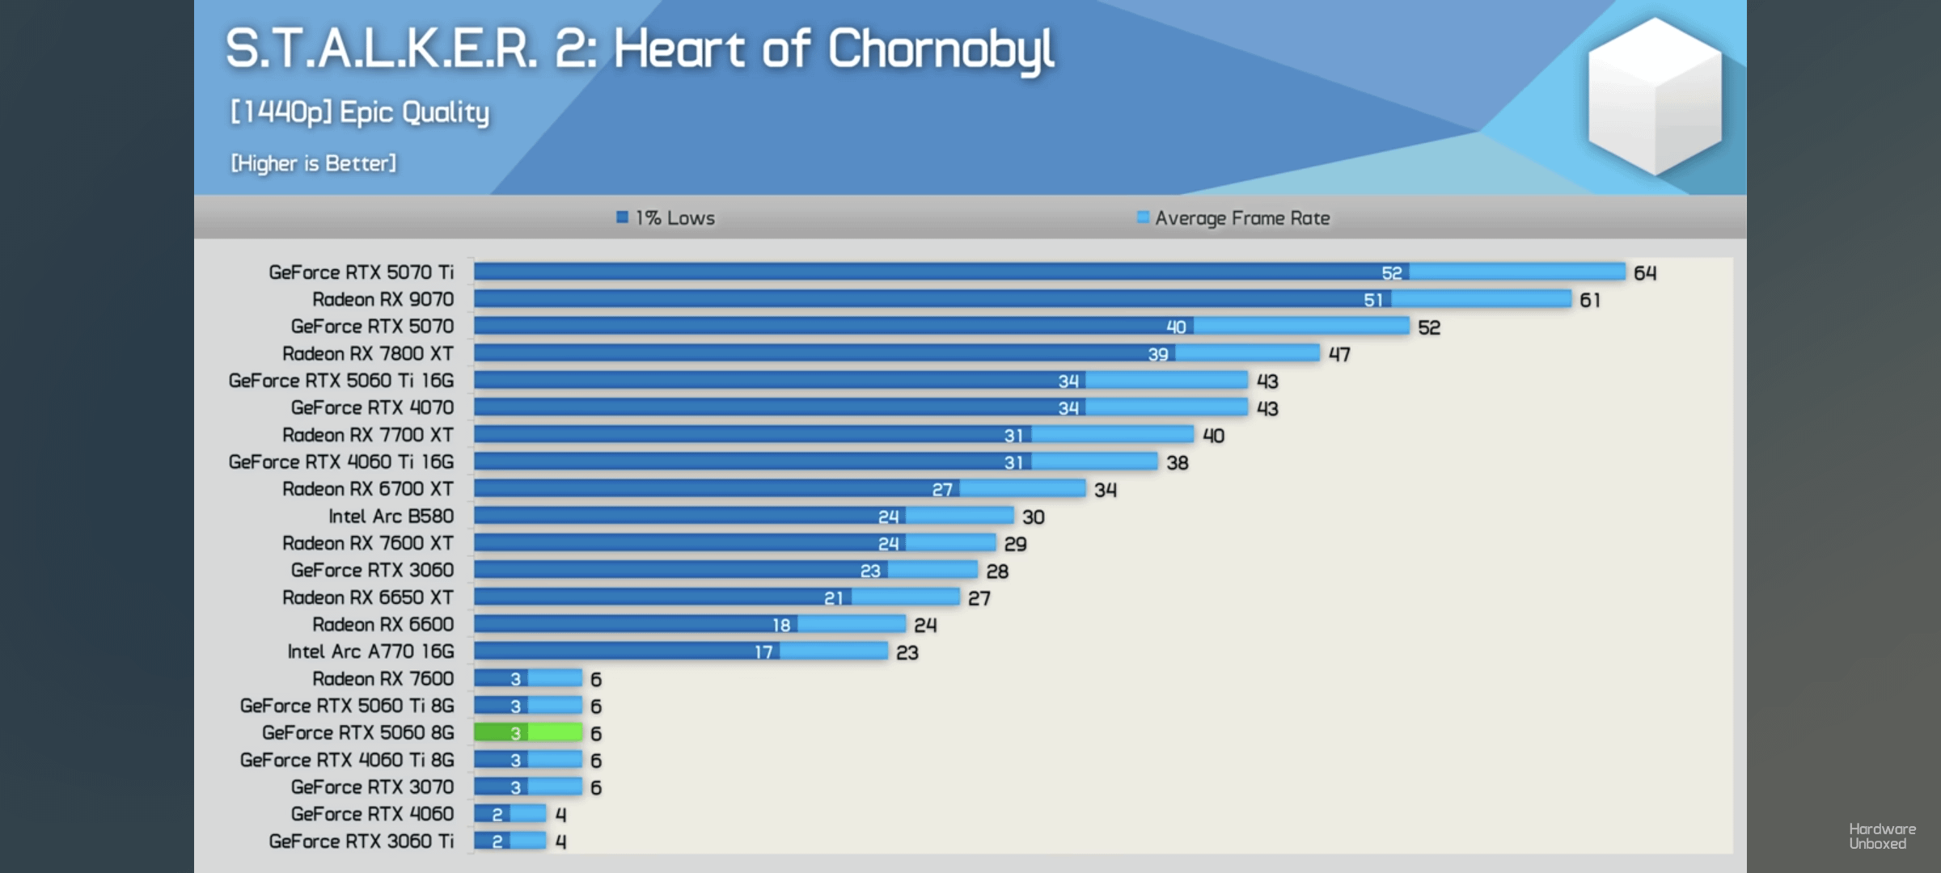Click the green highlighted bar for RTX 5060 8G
pyautogui.click(x=527, y=732)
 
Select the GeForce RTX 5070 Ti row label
pyautogui.click(x=361, y=272)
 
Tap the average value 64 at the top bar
pyautogui.click(x=1644, y=273)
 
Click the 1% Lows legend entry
pyautogui.click(x=666, y=218)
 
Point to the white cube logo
pyautogui.click(x=1654, y=95)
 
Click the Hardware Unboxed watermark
pyautogui.click(x=1882, y=836)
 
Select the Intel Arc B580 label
pyautogui.click(x=391, y=517)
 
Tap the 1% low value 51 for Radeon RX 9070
pyautogui.click(x=1372, y=300)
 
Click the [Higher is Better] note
pyautogui.click(x=313, y=163)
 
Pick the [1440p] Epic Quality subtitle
pyautogui.click(x=360, y=112)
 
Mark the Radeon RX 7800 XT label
pyautogui.click(x=367, y=354)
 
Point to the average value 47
pyautogui.click(x=1339, y=354)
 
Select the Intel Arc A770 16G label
pyautogui.click(x=370, y=652)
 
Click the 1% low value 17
pyautogui.click(x=763, y=652)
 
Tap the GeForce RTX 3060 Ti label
pyautogui.click(x=361, y=841)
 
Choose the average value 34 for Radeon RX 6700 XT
pyautogui.click(x=1105, y=490)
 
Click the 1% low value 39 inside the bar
pyautogui.click(x=1157, y=354)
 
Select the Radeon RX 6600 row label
pyautogui.click(x=383, y=625)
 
